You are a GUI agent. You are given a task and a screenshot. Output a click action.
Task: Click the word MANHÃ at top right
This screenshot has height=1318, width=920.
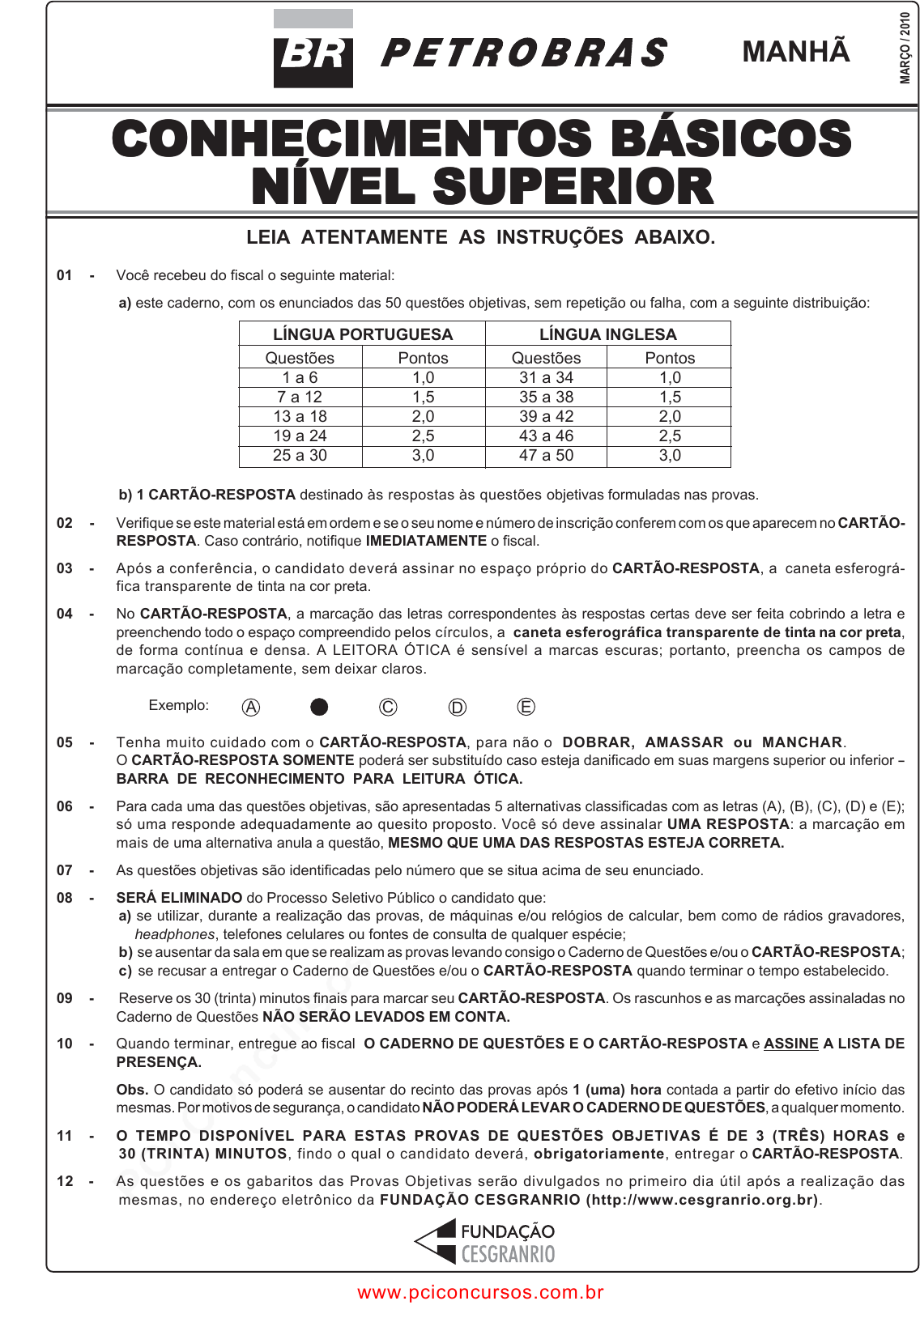click(x=795, y=52)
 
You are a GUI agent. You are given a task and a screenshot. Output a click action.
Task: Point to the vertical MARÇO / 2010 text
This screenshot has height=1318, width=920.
click(x=905, y=48)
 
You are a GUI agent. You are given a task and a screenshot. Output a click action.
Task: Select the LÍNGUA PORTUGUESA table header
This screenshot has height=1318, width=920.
click(x=362, y=334)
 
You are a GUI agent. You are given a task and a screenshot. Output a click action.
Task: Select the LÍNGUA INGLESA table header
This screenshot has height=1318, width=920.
click(x=607, y=334)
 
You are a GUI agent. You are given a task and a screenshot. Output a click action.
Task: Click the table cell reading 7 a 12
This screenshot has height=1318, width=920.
click(x=300, y=397)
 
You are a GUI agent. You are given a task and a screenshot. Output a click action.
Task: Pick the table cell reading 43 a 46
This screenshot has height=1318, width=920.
click(x=546, y=436)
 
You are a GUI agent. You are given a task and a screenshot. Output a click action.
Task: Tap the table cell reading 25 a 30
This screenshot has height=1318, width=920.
click(x=300, y=455)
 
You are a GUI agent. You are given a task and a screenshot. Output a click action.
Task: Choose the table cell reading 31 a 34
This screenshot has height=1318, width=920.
click(x=546, y=377)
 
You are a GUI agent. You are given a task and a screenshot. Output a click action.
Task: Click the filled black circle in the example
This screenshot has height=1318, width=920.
click(x=319, y=707)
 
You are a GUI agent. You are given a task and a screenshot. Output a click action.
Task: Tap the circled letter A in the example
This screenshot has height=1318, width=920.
click(x=251, y=707)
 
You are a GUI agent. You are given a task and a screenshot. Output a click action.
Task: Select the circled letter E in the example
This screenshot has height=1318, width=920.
click(x=526, y=707)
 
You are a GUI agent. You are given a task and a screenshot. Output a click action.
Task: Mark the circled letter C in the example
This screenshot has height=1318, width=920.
click(x=388, y=707)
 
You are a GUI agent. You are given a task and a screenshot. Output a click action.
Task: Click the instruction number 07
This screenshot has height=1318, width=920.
click(x=65, y=870)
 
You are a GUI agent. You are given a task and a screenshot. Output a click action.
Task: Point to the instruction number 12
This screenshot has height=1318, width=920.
click(x=65, y=1181)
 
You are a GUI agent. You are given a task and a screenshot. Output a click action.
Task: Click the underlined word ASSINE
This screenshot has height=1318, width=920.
click(x=790, y=1044)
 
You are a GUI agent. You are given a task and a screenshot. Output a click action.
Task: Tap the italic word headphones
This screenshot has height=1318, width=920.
click(x=174, y=934)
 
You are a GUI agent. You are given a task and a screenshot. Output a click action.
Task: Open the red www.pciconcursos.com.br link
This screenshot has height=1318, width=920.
click(x=480, y=1293)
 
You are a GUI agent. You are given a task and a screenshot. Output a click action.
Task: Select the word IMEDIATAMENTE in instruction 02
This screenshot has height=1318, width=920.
click(x=426, y=541)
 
